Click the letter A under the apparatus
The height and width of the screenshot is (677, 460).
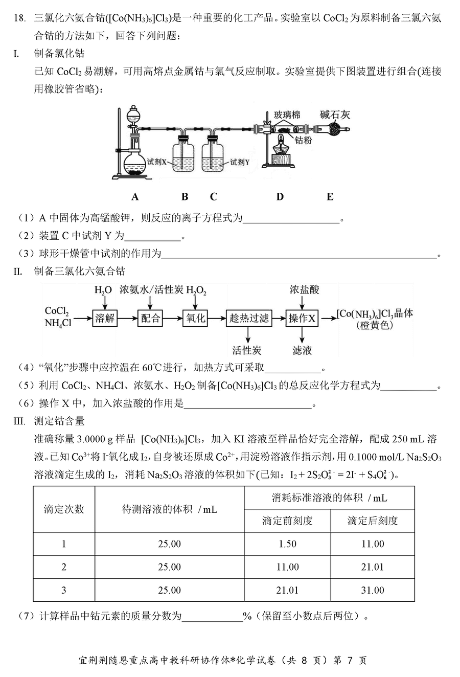point(135,197)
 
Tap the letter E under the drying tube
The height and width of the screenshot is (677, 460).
point(330,197)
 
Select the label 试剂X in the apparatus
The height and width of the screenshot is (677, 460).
point(156,162)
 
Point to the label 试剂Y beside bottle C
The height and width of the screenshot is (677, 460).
point(240,162)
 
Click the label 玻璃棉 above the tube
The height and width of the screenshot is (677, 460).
point(287,115)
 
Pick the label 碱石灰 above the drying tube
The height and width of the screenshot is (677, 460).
point(335,115)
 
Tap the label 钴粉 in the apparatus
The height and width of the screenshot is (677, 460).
point(303,140)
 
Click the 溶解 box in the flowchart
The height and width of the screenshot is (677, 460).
point(105,318)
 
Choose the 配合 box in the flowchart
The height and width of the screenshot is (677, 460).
point(150,318)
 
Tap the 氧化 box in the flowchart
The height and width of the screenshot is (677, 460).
point(195,318)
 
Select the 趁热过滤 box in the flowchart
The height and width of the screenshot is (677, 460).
point(249,318)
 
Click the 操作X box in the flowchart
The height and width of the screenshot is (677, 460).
point(302,318)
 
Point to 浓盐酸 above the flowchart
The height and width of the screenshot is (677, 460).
point(304,290)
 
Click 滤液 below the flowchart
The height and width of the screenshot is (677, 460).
point(302,351)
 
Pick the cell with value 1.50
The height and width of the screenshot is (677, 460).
point(287,544)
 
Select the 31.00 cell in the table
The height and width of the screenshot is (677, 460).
point(373,590)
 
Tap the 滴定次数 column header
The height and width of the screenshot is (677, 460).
point(64,509)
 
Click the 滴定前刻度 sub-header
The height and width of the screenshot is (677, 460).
point(287,521)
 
